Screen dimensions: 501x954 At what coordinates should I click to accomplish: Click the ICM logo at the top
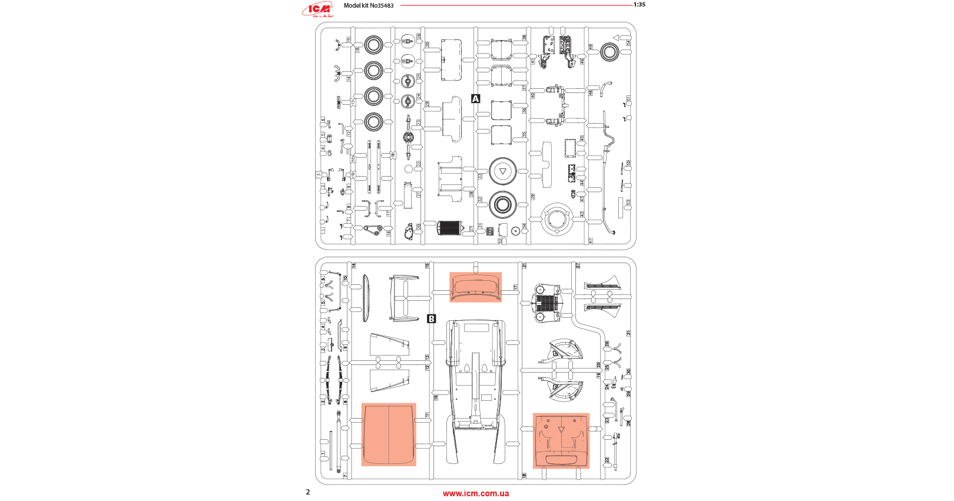(319, 9)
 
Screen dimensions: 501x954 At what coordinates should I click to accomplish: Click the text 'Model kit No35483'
(369, 5)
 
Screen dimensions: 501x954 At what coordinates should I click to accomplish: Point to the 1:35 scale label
(640, 5)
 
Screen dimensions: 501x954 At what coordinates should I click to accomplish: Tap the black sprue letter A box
(476, 99)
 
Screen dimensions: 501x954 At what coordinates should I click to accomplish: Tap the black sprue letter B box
(432, 318)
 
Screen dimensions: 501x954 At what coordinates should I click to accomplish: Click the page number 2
(307, 492)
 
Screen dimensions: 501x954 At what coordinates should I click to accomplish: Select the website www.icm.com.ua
(476, 493)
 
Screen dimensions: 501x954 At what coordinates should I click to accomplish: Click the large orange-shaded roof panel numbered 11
(389, 434)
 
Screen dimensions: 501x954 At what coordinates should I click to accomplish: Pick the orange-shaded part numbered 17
(475, 287)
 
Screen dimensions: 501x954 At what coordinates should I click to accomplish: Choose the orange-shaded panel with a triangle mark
(561, 440)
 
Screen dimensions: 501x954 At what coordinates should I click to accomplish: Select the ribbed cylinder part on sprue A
(450, 228)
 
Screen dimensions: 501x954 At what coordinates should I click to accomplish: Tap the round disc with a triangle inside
(502, 171)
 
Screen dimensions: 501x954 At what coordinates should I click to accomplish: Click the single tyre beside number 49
(609, 52)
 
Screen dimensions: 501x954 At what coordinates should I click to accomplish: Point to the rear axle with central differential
(408, 138)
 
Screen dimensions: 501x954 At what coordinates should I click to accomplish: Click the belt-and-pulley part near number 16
(373, 229)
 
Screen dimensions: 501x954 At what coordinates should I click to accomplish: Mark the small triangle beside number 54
(616, 38)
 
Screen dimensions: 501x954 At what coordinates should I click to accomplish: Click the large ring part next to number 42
(556, 220)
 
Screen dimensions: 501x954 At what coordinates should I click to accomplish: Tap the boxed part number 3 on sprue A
(319, 175)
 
